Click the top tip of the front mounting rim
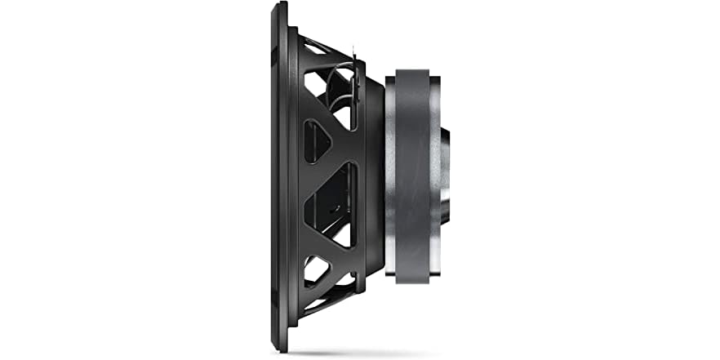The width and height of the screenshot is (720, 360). tap(281, 5)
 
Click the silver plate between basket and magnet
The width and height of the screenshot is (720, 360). tap(390, 180)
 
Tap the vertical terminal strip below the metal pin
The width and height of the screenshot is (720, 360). tap(355, 90)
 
